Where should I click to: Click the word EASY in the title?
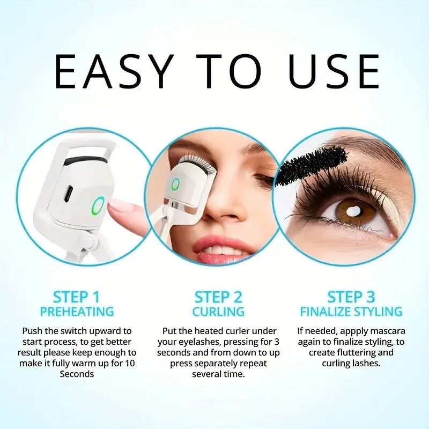coord(114,71)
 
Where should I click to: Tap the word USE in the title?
coord(334,71)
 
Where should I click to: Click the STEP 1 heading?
coord(76,297)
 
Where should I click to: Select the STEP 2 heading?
coord(218,297)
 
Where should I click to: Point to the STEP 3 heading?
coord(351,297)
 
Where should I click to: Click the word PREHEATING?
coord(77,312)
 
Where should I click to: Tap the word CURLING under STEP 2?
coord(218,312)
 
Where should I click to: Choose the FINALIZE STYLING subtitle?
coord(351,312)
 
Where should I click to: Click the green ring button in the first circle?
coord(98,205)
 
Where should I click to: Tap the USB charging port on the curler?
coord(69,194)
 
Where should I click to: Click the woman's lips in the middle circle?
coord(220,249)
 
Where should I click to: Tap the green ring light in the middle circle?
coord(175,184)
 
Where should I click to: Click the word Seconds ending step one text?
coord(77,374)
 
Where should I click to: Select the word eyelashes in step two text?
coord(195,342)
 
